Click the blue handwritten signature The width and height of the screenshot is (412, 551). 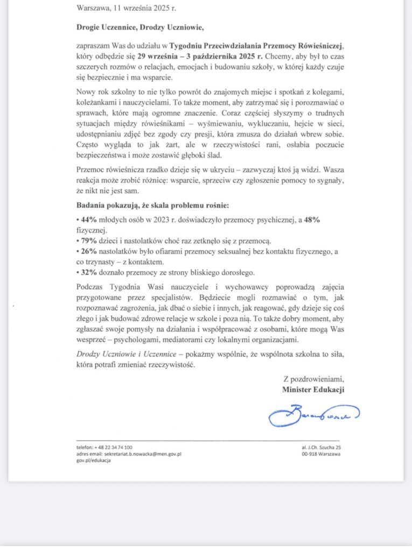(313, 415)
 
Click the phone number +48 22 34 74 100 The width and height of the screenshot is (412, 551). (113, 447)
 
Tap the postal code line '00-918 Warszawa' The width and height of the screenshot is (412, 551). (321, 454)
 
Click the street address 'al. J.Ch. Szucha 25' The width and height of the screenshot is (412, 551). (322, 447)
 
